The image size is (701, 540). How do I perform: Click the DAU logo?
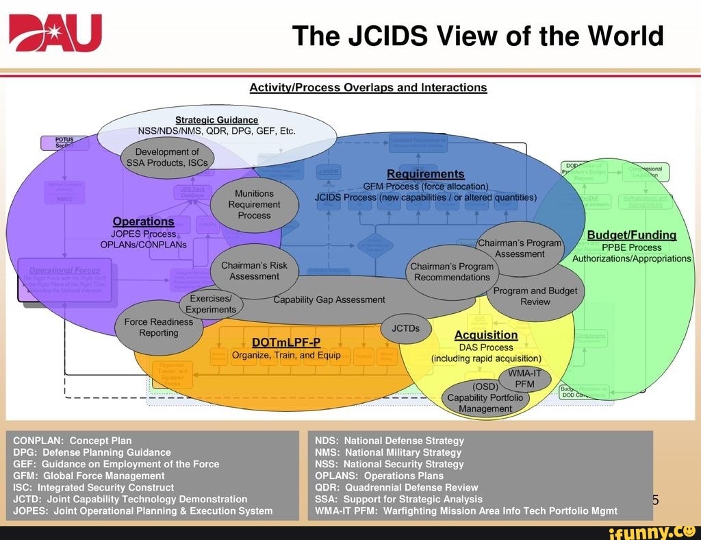click(x=55, y=34)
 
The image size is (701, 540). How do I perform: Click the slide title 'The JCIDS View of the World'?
click(x=478, y=36)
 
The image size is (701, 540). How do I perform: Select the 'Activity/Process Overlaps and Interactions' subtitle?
click(x=368, y=88)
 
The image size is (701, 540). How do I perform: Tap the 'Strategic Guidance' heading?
click(x=216, y=120)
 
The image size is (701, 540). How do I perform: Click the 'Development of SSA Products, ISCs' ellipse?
click(x=167, y=158)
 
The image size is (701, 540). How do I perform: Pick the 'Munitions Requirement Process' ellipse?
click(x=254, y=204)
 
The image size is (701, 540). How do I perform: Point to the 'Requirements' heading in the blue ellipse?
click(x=425, y=174)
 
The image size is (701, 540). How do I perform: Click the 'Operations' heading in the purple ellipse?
click(x=143, y=221)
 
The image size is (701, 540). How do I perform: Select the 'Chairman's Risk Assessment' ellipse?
click(x=254, y=271)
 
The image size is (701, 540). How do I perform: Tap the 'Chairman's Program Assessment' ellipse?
click(x=520, y=248)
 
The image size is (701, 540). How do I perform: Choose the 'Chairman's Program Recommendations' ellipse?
click(x=452, y=271)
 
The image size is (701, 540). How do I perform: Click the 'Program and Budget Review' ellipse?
click(x=535, y=296)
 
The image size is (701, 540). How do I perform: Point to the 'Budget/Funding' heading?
click(x=631, y=235)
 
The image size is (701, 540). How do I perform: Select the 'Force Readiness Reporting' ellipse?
click(x=158, y=328)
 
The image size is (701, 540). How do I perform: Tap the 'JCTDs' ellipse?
click(x=405, y=328)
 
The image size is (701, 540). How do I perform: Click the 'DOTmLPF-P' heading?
click(x=286, y=342)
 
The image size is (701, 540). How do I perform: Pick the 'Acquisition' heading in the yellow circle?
click(x=486, y=335)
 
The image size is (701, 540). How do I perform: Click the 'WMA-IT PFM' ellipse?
click(x=524, y=379)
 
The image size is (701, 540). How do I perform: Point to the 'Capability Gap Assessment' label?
click(x=329, y=299)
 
